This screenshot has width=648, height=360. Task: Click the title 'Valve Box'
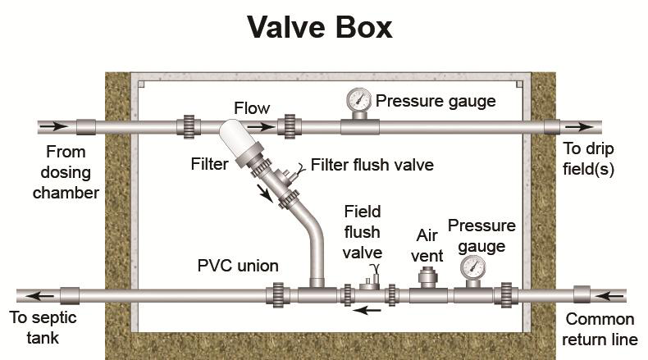322,28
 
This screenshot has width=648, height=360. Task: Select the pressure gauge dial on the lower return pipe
472,267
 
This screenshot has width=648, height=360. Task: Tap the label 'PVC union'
238,266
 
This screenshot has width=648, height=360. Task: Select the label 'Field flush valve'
363,231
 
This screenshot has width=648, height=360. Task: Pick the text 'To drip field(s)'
588,160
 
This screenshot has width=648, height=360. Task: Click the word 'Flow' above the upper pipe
251,108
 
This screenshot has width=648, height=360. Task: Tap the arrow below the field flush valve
371,311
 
